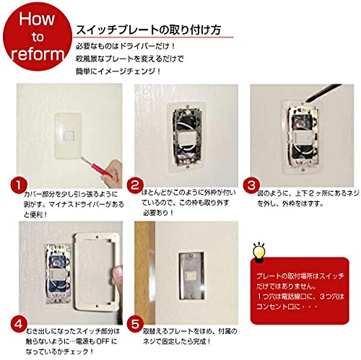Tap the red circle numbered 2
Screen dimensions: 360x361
click(133, 185)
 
